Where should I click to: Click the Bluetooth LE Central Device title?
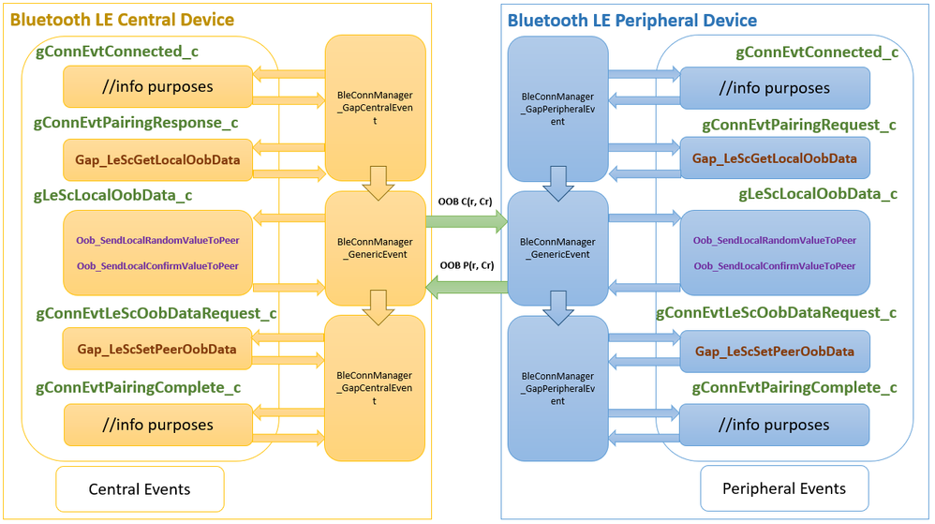click(122, 20)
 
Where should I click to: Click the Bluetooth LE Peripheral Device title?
click(631, 20)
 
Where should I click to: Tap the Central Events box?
click(140, 488)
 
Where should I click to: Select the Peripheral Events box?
click(784, 488)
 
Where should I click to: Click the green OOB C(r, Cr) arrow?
click(466, 222)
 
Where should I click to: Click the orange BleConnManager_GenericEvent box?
click(375, 247)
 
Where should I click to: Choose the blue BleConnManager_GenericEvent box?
click(557, 247)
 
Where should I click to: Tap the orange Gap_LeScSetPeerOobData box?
click(157, 350)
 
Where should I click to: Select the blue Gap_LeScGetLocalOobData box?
click(774, 158)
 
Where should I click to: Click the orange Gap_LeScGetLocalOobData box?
click(157, 160)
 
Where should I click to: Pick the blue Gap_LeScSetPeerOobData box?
click(774, 352)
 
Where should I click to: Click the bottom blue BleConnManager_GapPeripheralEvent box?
click(557, 387)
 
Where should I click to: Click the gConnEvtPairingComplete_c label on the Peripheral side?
click(794, 387)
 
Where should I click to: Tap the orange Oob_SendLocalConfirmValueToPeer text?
click(157, 266)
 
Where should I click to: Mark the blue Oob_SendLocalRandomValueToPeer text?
click(774, 241)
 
